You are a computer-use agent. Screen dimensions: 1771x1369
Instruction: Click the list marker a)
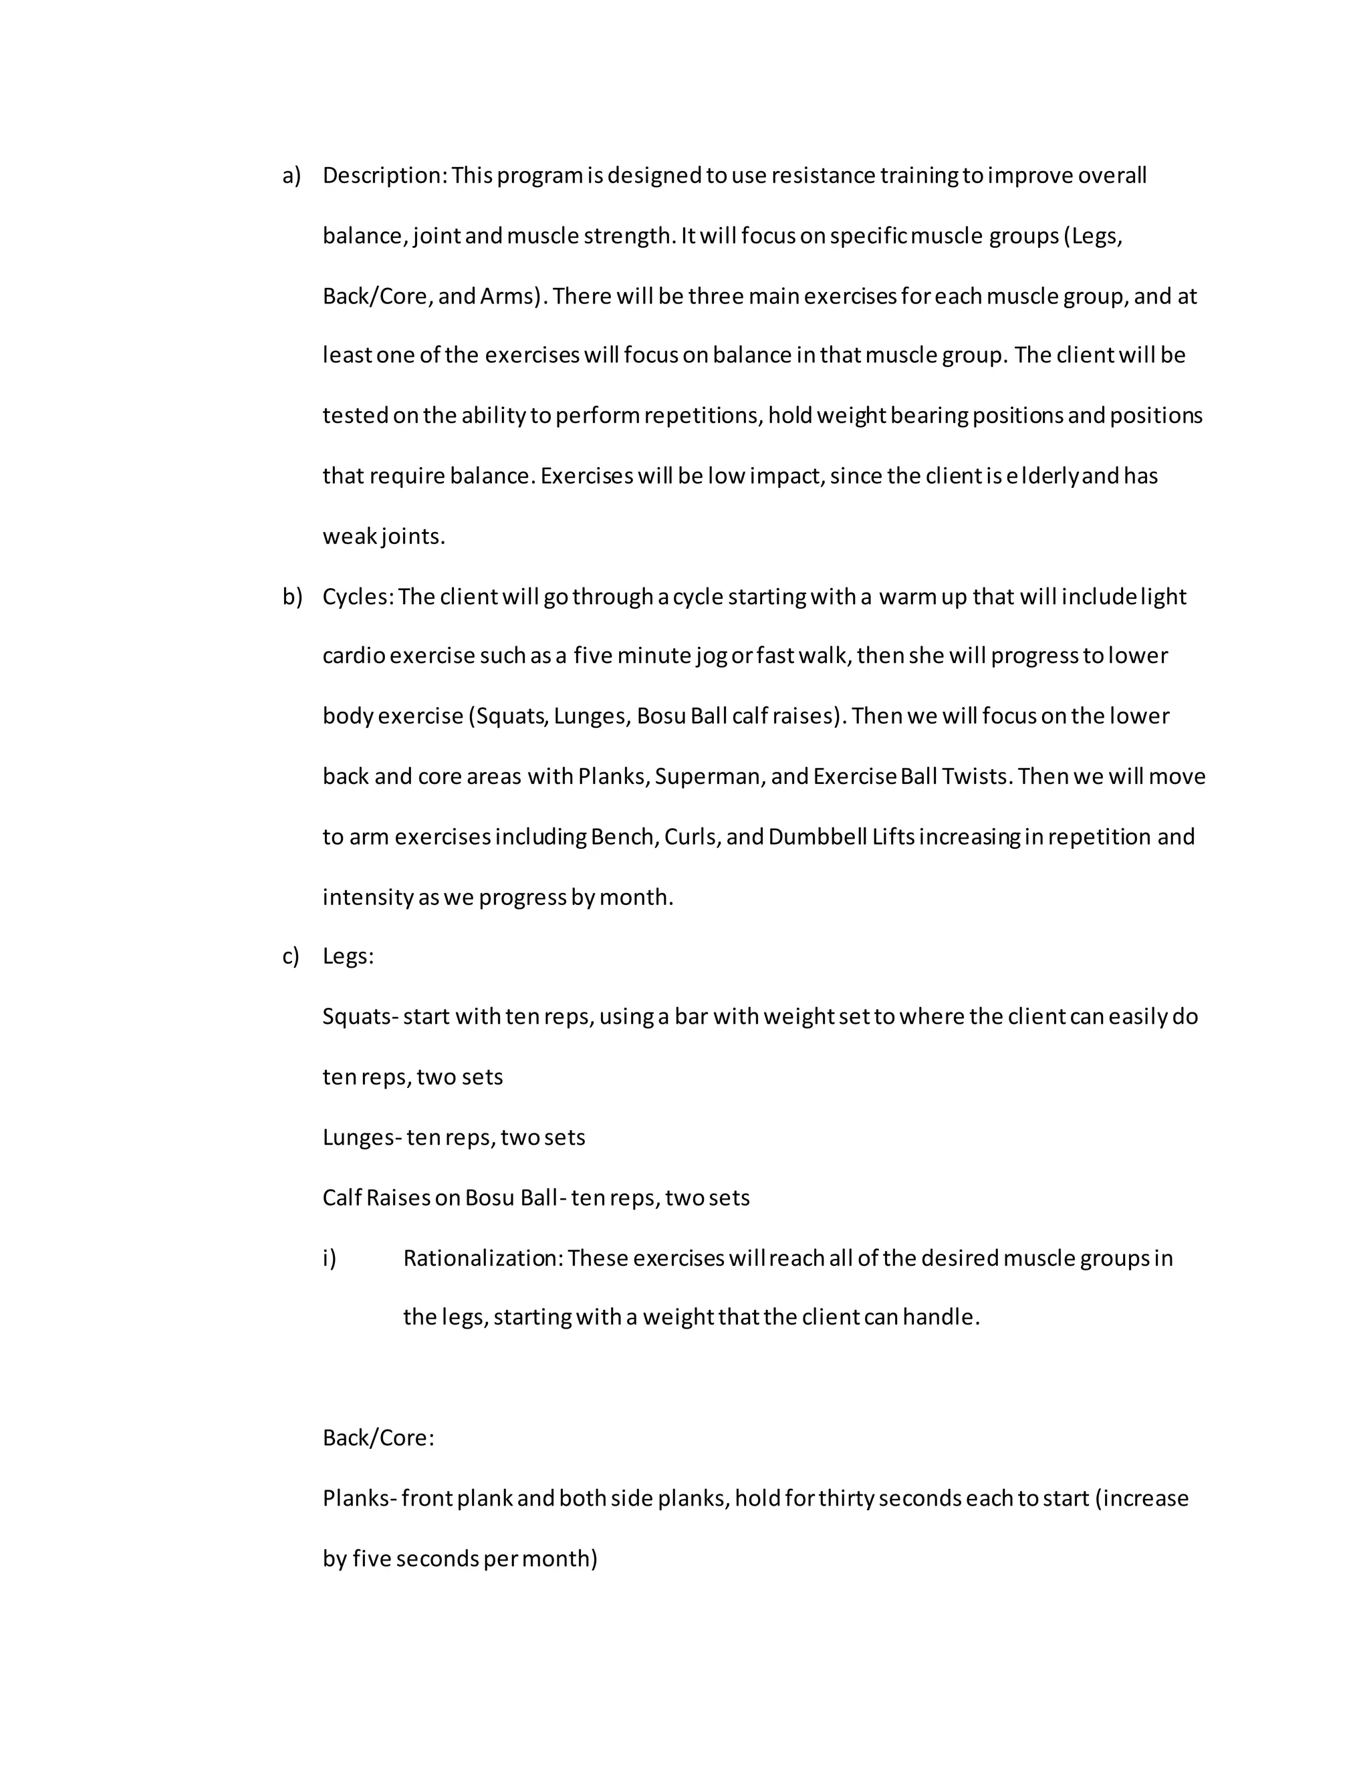pos(291,176)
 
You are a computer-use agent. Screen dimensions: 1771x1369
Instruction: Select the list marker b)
pos(292,597)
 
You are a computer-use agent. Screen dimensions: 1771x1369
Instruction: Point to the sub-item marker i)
pos(330,1258)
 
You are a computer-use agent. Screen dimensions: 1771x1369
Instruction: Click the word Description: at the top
pos(384,176)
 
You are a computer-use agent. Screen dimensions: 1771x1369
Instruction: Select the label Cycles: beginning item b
pos(358,597)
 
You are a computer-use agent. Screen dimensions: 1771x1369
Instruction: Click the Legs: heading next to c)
pos(348,957)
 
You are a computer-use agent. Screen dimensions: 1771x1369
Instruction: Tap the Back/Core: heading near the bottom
pos(378,1438)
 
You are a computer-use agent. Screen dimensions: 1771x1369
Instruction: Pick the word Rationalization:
pos(483,1258)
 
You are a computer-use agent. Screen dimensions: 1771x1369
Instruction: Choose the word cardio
pos(354,656)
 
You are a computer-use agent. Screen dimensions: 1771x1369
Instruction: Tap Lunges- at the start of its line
pos(362,1137)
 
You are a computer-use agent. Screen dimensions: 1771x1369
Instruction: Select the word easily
pos(1138,1017)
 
